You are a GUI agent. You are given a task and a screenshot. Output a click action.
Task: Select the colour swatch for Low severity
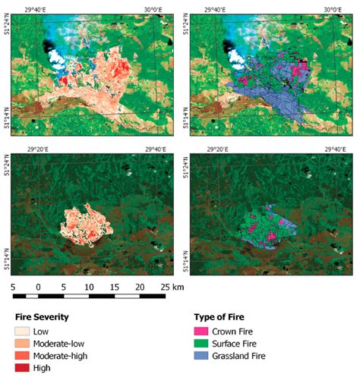pos(24,332)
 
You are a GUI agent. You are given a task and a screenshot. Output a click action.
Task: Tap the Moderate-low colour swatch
pos(24,344)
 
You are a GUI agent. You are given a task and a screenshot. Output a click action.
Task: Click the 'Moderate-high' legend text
pos(65,356)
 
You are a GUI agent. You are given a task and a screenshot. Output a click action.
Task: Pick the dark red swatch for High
pos(24,368)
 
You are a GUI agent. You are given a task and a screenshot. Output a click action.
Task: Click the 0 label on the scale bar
pos(38,288)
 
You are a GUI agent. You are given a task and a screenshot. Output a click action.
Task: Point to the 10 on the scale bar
pos(88,288)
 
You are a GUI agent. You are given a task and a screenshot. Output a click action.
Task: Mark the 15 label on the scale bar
pos(114,288)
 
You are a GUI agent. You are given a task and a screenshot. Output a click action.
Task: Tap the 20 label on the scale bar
pos(139,288)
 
